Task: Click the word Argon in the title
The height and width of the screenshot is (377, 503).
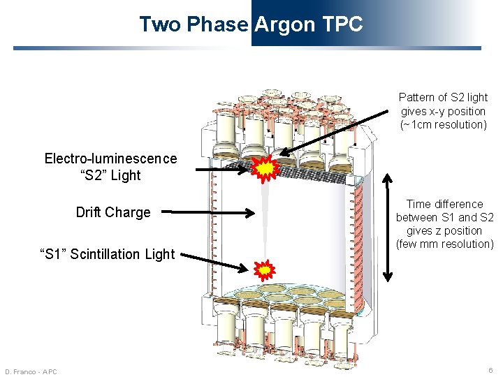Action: [x=285, y=24]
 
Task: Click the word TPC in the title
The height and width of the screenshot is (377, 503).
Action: [x=342, y=24]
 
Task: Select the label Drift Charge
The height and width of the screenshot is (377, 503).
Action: [x=113, y=212]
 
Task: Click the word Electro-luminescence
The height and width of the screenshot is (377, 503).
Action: [x=110, y=158]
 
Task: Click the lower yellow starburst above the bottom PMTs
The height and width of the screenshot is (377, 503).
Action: [x=265, y=269]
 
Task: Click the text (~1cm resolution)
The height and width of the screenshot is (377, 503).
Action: [x=443, y=124]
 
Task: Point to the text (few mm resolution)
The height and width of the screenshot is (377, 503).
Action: [x=444, y=244]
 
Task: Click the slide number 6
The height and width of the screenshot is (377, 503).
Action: [x=491, y=370]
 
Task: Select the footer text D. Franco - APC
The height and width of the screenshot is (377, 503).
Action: [x=31, y=371]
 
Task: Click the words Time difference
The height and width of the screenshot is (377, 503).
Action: [x=444, y=204]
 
